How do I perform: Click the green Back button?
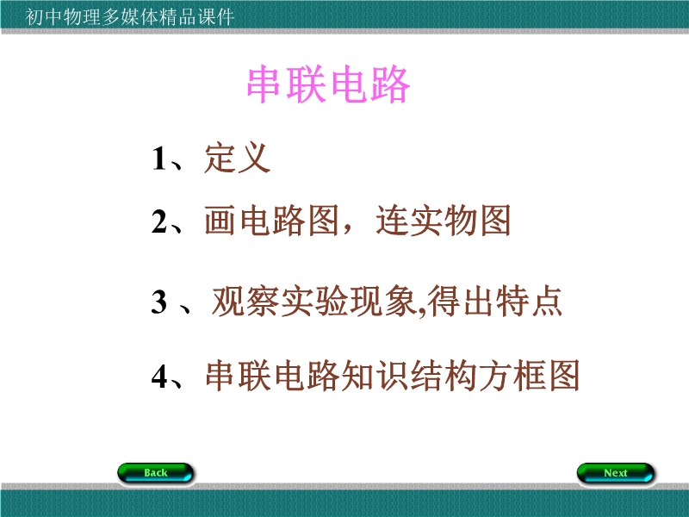click(x=156, y=472)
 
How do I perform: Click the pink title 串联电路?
click(x=329, y=84)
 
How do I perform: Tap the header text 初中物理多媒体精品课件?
click(x=129, y=16)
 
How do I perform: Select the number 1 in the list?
click(x=158, y=159)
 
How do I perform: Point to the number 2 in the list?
click(x=159, y=221)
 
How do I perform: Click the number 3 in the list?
click(x=159, y=302)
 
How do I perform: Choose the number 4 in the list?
click(x=159, y=377)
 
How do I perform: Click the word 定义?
click(x=238, y=158)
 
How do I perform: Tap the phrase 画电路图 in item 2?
click(x=271, y=221)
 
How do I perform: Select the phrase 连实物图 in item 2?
click(x=443, y=221)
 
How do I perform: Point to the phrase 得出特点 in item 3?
click(x=495, y=301)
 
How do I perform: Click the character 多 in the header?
click(x=110, y=16)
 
